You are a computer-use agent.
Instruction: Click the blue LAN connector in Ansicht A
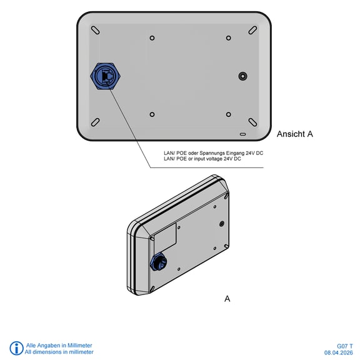pyautogui.click(x=106, y=76)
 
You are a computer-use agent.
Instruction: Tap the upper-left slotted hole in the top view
pyautogui.click(x=95, y=30)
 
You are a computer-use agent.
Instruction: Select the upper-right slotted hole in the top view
pyautogui.click(x=252, y=30)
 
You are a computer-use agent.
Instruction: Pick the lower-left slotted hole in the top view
pyautogui.click(x=95, y=122)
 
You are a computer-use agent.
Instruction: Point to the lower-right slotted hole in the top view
pyautogui.click(x=252, y=122)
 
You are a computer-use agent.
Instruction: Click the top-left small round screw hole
pyautogui.click(x=152, y=38)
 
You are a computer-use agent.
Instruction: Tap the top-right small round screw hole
pyautogui.click(x=229, y=38)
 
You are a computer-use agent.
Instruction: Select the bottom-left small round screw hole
pyautogui.click(x=152, y=114)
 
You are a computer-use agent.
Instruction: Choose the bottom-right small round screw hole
pyautogui.click(x=229, y=114)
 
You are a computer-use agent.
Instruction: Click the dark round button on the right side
pyautogui.click(x=242, y=76)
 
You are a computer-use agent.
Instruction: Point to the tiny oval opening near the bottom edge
pyautogui.click(x=242, y=134)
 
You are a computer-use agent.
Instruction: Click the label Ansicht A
pyautogui.click(x=295, y=134)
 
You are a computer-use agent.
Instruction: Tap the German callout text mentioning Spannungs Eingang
pyautogui.click(x=213, y=153)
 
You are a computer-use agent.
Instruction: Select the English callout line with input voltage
pyautogui.click(x=202, y=159)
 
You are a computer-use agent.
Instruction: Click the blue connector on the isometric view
pyautogui.click(x=158, y=262)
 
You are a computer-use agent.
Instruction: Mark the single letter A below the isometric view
pyautogui.click(x=227, y=299)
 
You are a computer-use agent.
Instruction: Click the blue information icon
pyautogui.click(x=16, y=348)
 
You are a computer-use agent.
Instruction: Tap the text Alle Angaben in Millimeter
pyautogui.click(x=59, y=345)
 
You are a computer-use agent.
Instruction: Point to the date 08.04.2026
pyautogui.click(x=338, y=352)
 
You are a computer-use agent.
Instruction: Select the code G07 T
pyautogui.click(x=345, y=346)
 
